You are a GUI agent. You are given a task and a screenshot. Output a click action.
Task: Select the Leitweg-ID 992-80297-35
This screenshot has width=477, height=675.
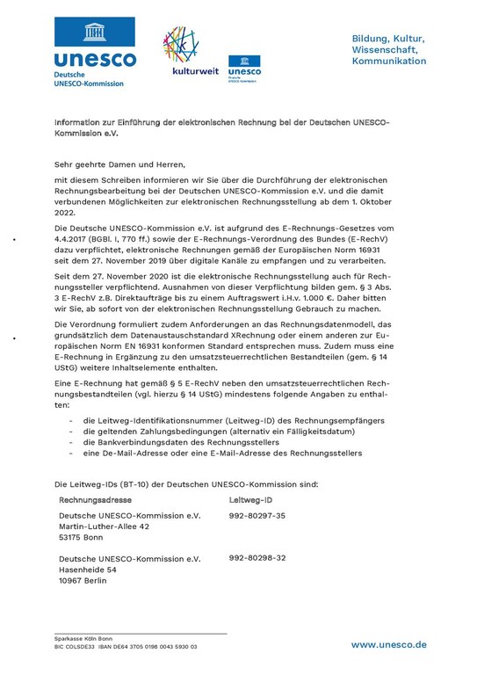[257, 515]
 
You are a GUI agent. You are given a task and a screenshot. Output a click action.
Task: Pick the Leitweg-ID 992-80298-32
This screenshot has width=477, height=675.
[257, 558]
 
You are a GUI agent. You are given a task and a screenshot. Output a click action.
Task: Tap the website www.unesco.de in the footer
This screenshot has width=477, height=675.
[388, 644]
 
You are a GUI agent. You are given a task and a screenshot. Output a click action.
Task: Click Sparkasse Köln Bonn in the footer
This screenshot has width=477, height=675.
[83, 638]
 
